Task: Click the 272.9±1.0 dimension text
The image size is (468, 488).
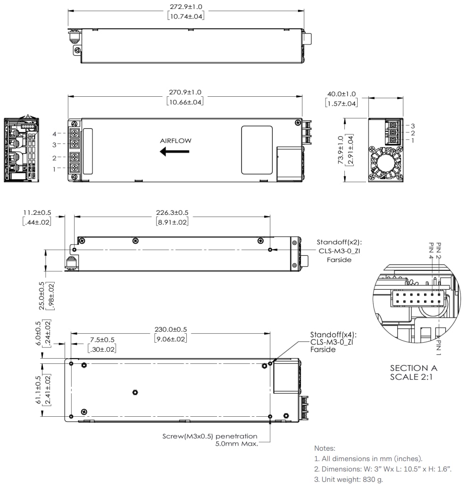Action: click(185, 7)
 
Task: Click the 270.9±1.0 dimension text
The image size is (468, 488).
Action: click(185, 93)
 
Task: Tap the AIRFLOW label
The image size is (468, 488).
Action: click(175, 141)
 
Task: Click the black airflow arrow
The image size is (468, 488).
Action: click(174, 151)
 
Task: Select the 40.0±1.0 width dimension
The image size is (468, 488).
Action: click(342, 94)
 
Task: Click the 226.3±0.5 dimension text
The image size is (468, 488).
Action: click(172, 213)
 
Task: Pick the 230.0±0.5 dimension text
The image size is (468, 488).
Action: click(170, 329)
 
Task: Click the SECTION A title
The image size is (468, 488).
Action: click(413, 368)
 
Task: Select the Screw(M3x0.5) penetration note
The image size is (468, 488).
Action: click(210, 436)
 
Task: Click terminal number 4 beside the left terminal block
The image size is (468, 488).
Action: click(54, 134)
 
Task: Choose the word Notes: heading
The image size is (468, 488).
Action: click(325, 448)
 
